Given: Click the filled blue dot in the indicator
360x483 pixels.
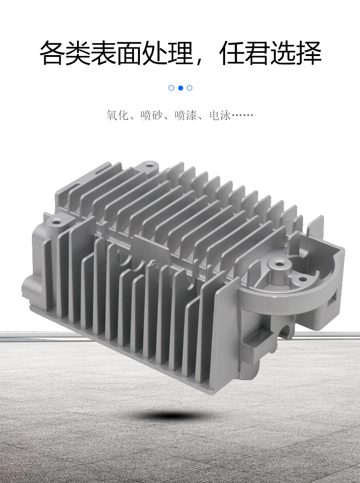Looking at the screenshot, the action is click(180, 88).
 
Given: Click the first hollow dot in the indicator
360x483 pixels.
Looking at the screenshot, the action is click(171, 88).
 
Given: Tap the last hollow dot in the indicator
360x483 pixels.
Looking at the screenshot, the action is click(190, 88).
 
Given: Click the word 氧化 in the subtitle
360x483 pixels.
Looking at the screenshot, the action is click(117, 115).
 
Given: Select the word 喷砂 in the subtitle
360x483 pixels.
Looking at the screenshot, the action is click(151, 115).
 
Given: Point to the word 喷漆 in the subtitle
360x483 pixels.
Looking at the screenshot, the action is click(185, 115).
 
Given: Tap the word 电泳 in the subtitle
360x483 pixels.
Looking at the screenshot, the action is click(220, 115).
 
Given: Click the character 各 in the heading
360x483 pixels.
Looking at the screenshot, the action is click(52, 53).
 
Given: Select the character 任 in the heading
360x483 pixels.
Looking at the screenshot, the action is click(232, 53).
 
